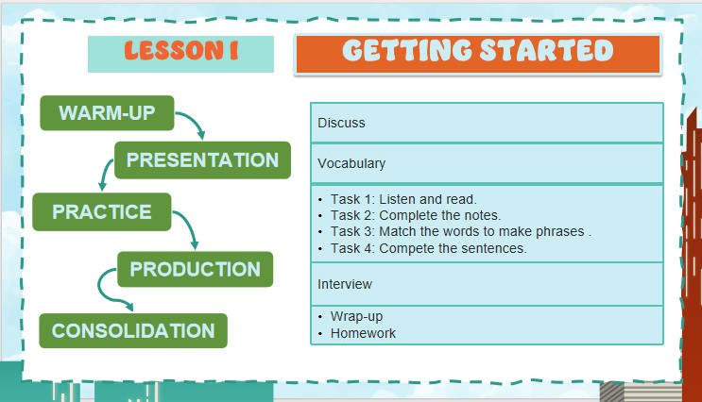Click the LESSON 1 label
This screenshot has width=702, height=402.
click(180, 53)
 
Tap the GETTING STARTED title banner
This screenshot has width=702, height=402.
click(478, 53)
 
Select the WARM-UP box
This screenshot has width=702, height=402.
click(107, 114)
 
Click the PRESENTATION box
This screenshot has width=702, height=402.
click(202, 160)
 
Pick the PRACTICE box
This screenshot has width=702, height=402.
click(101, 212)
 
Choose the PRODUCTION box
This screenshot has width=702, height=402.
click(195, 269)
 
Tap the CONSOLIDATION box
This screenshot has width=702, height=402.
click(132, 331)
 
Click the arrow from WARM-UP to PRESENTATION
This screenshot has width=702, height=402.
click(192, 124)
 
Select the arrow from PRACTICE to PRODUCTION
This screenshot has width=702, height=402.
click(187, 229)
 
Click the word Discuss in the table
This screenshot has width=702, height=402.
click(341, 123)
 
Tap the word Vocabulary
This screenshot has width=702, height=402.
click(351, 163)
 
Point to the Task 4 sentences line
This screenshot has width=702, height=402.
click(428, 248)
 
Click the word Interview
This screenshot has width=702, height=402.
click(345, 284)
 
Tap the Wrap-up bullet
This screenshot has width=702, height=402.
click(356, 315)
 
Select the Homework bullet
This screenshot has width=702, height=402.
click(363, 333)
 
